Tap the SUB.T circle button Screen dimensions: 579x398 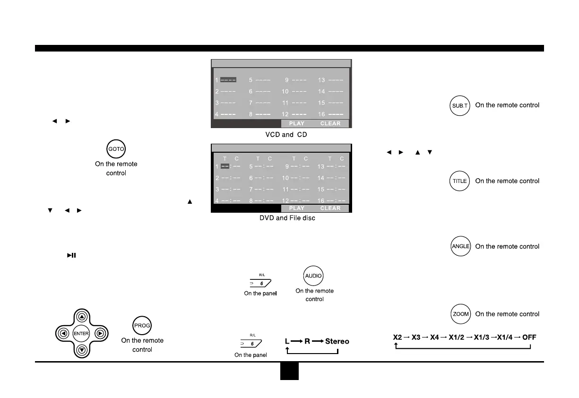459,106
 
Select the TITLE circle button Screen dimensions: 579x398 459,181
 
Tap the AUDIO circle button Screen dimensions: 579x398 313,276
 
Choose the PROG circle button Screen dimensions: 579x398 142,325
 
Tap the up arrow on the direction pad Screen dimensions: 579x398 82,317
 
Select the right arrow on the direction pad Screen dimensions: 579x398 99,334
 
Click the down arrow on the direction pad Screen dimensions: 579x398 82,350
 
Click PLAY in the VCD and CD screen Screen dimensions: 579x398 297,124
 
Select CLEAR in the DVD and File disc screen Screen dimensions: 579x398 330,208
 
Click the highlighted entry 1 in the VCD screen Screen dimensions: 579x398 228,80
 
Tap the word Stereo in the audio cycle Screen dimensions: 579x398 337,341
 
